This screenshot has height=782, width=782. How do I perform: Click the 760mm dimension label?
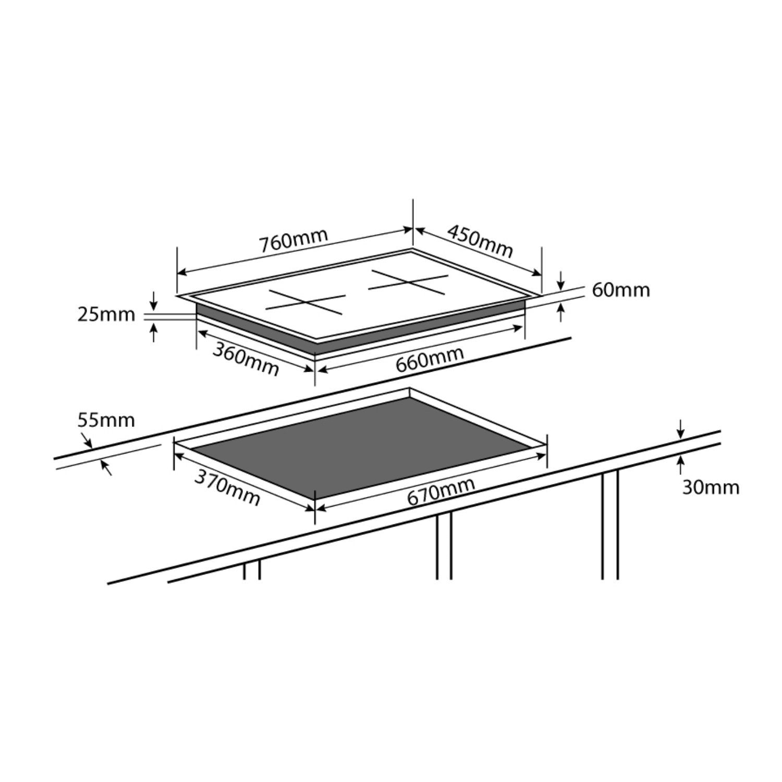(x=294, y=240)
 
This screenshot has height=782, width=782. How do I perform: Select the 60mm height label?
(x=621, y=290)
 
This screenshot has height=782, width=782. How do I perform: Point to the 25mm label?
(x=106, y=314)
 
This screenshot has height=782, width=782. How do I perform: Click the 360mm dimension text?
(x=246, y=359)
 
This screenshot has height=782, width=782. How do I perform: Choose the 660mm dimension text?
(x=430, y=359)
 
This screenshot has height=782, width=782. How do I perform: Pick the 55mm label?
(x=106, y=420)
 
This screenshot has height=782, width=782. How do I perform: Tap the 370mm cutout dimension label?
(x=227, y=488)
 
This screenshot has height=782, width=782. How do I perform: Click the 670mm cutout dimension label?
(x=441, y=491)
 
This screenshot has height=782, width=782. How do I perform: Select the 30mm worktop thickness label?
(x=711, y=487)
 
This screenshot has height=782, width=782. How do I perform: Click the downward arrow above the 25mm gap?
(x=153, y=301)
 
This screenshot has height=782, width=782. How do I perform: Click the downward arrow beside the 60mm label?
(x=560, y=280)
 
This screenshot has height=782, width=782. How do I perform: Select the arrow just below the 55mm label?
(x=106, y=468)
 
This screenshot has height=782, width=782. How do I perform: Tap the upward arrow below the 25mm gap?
(x=153, y=332)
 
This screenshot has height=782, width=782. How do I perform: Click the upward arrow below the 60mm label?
(x=560, y=312)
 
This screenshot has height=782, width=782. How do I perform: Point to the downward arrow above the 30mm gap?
(x=680, y=429)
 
